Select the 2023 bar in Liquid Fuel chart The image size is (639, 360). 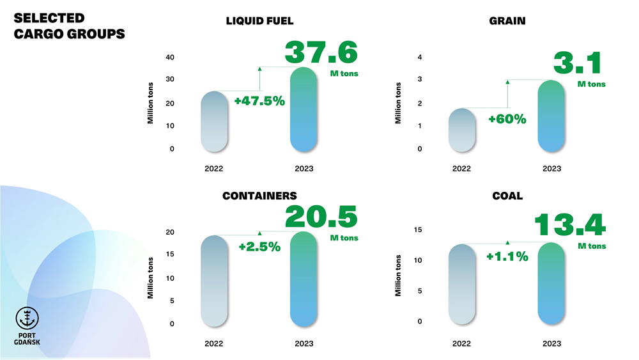tap(304, 110)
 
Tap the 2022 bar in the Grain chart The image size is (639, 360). tap(461, 130)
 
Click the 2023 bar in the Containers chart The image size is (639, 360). tap(304, 279)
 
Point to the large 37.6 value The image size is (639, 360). tap(321, 52)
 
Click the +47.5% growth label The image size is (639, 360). tap(259, 101)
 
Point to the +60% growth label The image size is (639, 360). tap(508, 119)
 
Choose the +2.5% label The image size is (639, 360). tap(259, 247)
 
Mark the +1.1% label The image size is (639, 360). tap(507, 256)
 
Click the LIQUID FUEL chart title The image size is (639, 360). tap(259, 20)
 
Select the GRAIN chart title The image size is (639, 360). tap(507, 20)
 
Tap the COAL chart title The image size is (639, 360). tap(507, 196)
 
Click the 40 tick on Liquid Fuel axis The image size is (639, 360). tap(170, 57)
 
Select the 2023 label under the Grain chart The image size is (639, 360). tap(551, 168)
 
